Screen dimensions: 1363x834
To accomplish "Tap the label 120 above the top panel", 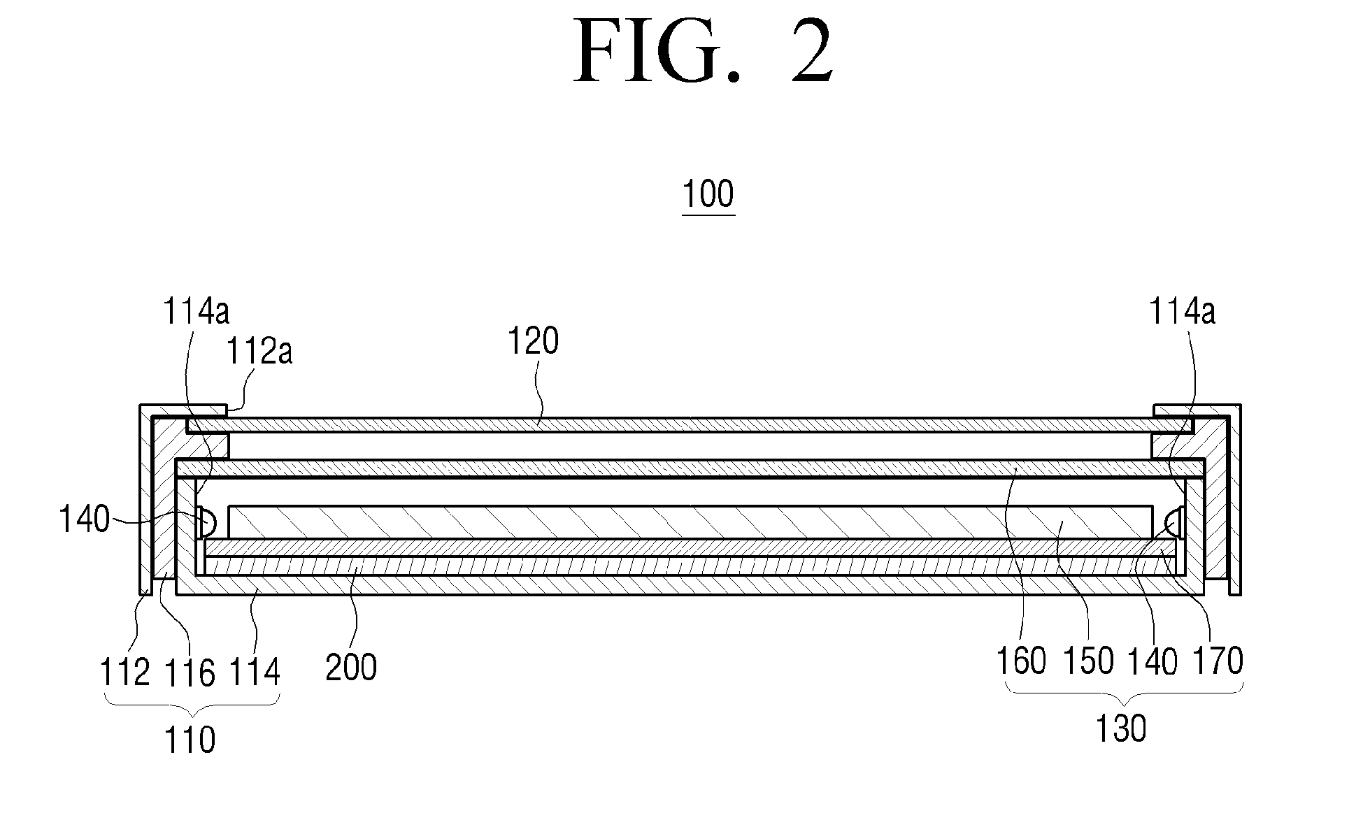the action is pos(533,342).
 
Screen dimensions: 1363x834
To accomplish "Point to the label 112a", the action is pos(259,351).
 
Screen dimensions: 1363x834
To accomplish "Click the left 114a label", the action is pos(196,311).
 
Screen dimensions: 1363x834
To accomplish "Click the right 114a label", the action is pos(1183,311).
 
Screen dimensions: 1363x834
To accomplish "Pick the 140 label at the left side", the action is pos(84,519).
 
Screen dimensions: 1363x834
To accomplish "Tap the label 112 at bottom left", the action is pos(125,673).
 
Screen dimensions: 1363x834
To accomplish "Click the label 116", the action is pos(190,673).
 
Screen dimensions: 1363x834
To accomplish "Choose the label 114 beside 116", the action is pos(254,673).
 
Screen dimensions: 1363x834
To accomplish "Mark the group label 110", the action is pos(190,740).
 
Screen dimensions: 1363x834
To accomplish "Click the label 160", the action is pos(1021,660).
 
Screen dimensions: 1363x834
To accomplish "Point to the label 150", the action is pos(1088,660).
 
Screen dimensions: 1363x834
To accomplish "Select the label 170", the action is pos(1218,660).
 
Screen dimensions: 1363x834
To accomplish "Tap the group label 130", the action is pos(1120,729).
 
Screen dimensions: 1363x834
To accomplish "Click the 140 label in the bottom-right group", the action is pos(1153,660).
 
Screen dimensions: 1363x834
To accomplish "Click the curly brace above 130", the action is pos(1124,693).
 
